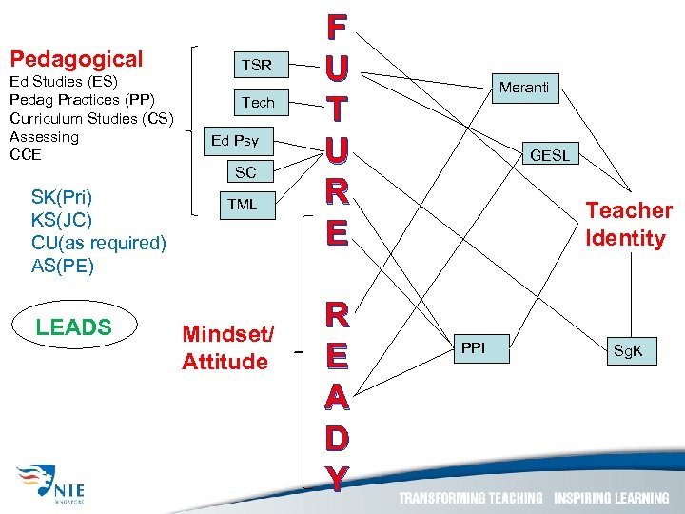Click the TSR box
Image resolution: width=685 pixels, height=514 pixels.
click(x=257, y=66)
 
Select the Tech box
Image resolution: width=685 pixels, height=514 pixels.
click(x=257, y=102)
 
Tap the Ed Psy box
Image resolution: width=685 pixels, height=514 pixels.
click(x=235, y=140)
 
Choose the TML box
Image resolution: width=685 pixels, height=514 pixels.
click(x=242, y=205)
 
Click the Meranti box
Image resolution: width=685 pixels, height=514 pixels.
click(x=524, y=88)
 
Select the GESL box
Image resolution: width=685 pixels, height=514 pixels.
click(x=549, y=155)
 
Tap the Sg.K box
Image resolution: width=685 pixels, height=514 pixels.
click(x=628, y=351)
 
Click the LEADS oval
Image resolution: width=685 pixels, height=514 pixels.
click(x=74, y=327)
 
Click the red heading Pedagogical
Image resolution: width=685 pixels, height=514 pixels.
click(x=76, y=59)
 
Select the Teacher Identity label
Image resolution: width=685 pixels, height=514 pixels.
click(x=629, y=224)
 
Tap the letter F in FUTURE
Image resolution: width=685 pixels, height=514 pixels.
click(x=336, y=26)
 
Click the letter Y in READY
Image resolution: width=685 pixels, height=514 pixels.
click(x=336, y=479)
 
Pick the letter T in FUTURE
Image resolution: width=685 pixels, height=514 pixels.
click(x=336, y=108)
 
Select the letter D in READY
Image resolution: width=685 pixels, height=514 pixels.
click(x=336, y=439)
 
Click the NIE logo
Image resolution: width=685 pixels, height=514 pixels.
click(x=57, y=483)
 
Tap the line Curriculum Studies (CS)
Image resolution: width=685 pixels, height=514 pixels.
click(x=91, y=118)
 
